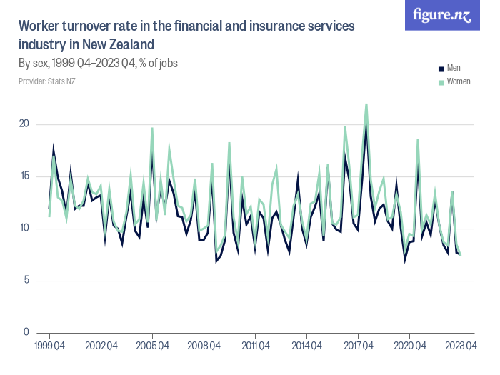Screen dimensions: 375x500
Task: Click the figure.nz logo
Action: coord(442,16)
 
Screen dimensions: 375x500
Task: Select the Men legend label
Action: coord(454,69)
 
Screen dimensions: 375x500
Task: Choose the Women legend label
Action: coord(459,82)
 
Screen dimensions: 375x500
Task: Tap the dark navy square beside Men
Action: coord(441,69)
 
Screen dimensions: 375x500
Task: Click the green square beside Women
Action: coord(441,83)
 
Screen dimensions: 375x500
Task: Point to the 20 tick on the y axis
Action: coord(24,124)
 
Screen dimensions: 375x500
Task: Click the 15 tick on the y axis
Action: coord(24,176)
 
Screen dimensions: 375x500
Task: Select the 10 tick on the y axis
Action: coord(24,229)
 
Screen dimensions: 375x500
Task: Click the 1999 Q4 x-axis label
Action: coord(49,346)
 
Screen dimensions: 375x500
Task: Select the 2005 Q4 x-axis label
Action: coord(152,346)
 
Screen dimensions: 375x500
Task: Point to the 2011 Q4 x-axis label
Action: coord(255,346)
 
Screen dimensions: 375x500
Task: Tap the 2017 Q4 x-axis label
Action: coord(358,346)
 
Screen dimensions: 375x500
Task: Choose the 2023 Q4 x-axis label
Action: coord(461,346)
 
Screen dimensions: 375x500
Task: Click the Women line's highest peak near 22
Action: coord(366,104)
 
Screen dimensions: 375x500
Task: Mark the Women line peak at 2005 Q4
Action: coord(152,129)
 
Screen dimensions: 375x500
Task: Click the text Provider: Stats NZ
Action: coord(47,81)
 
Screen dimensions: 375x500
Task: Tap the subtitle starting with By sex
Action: coord(98,64)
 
